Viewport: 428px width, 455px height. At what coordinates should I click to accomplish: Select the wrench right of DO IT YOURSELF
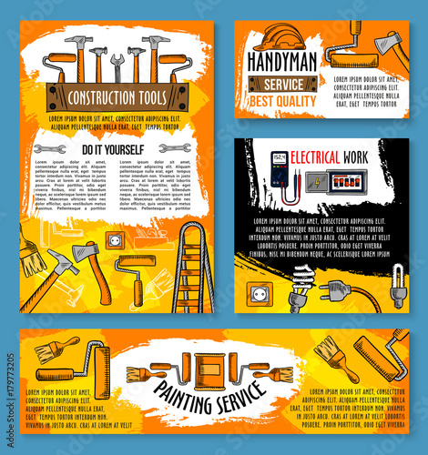point(175,147)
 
